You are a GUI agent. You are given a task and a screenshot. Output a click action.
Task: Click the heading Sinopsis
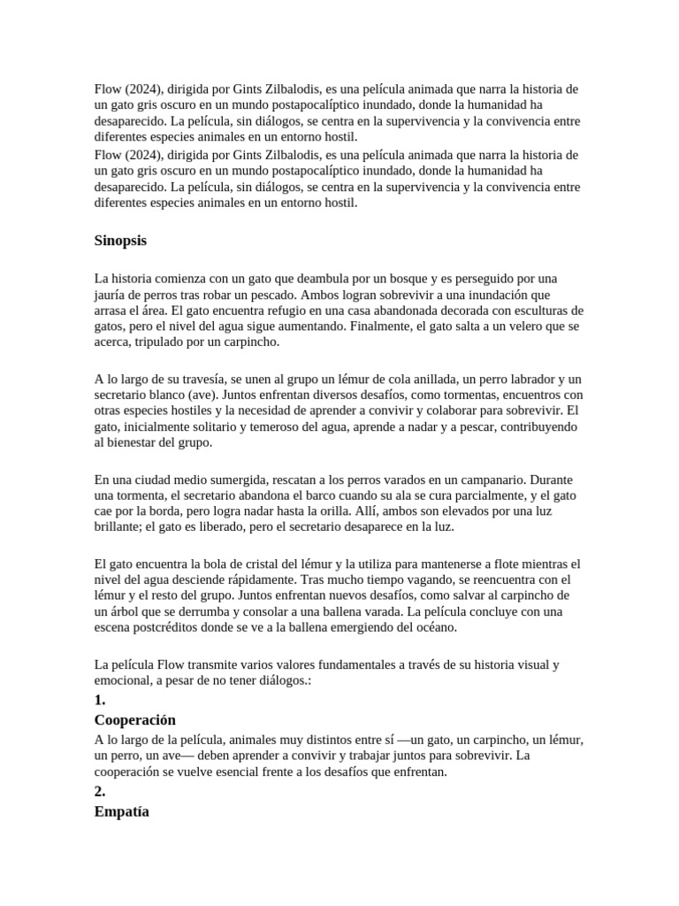pos(120,241)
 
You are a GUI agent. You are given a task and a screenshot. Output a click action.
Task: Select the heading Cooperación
pos(135,720)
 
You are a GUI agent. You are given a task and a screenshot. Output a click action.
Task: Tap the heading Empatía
pos(122,811)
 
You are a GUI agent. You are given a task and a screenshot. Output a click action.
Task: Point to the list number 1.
pos(100,700)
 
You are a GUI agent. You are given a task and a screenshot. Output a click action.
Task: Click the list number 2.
pos(100,792)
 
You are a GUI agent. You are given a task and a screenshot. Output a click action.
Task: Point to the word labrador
pos(513,379)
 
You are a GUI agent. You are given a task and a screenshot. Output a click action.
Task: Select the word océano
pos(432,627)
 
